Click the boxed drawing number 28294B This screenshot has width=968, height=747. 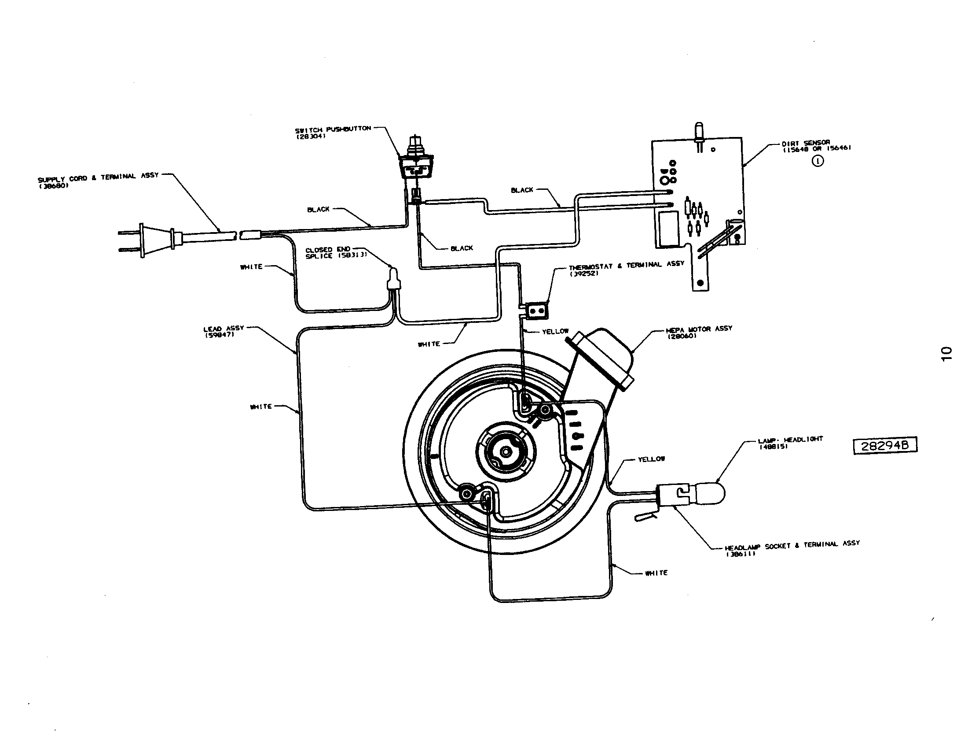coord(885,445)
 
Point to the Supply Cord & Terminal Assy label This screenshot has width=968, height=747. coord(98,179)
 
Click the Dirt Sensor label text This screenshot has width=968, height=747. coord(815,146)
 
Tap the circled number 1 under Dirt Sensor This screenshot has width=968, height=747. coord(818,162)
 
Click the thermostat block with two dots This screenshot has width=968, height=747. coord(537,311)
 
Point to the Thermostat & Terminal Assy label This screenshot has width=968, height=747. coord(626,266)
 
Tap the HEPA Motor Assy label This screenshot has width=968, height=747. coord(699,331)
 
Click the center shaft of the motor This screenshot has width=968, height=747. coord(505,451)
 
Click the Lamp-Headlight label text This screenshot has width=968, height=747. coord(790,442)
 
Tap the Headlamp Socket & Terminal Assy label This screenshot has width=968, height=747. coord(792,547)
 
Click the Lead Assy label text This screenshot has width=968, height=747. coord(224,331)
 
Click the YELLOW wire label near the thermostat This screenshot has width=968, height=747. coord(555,331)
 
